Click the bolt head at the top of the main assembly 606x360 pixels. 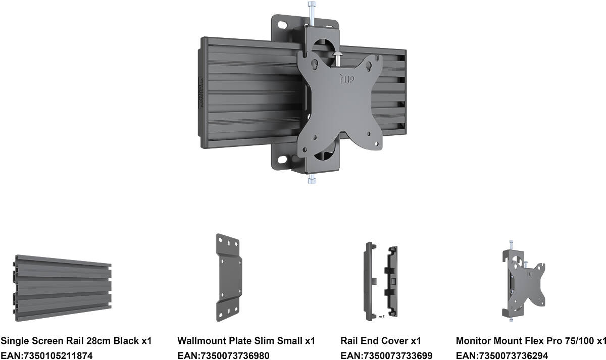click(312, 5)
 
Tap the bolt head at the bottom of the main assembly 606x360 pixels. click(312, 181)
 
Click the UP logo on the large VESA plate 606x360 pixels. click(347, 79)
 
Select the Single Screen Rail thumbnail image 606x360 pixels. click(62, 288)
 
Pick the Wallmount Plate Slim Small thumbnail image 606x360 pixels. click(229, 278)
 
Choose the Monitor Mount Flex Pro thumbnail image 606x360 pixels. click(524, 281)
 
